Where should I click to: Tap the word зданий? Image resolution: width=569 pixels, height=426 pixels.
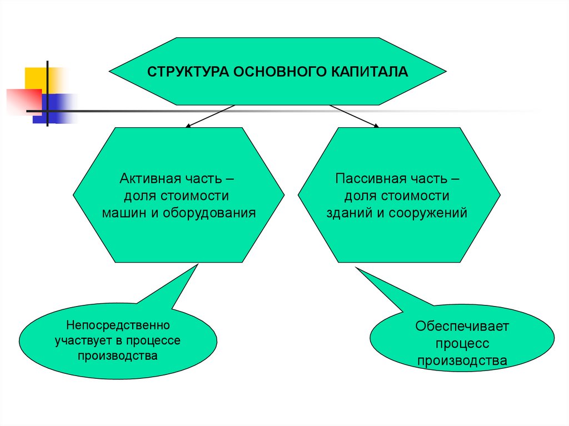coord(352,212)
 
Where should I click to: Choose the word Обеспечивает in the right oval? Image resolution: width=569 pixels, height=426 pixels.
coord(462,326)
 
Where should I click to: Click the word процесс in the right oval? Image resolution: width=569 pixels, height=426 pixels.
coord(462,344)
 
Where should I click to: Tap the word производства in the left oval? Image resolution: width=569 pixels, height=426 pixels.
coord(118,355)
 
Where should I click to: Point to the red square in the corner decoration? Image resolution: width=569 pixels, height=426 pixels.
coord(22,100)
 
